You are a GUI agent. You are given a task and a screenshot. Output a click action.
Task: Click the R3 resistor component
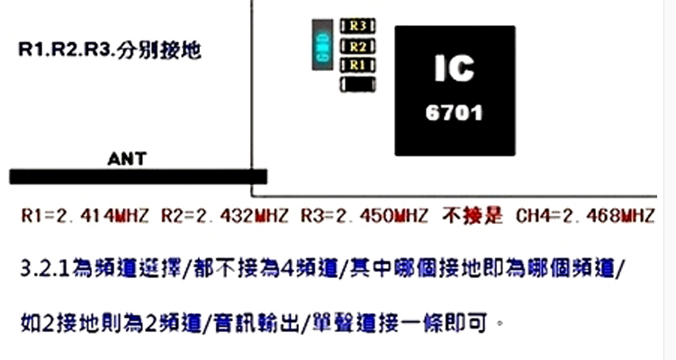click(x=357, y=25)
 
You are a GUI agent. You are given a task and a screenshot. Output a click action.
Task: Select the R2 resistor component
click(x=357, y=45)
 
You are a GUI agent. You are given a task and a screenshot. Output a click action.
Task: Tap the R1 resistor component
click(x=357, y=65)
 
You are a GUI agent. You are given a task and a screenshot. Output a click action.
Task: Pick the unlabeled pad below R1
click(x=357, y=85)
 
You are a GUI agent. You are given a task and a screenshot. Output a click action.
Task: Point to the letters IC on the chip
click(x=455, y=69)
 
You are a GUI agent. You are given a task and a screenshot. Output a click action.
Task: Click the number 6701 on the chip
click(x=455, y=114)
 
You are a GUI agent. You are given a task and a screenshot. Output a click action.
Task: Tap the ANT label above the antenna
click(x=127, y=159)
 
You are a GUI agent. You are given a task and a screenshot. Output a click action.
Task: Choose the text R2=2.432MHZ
click(x=224, y=217)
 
